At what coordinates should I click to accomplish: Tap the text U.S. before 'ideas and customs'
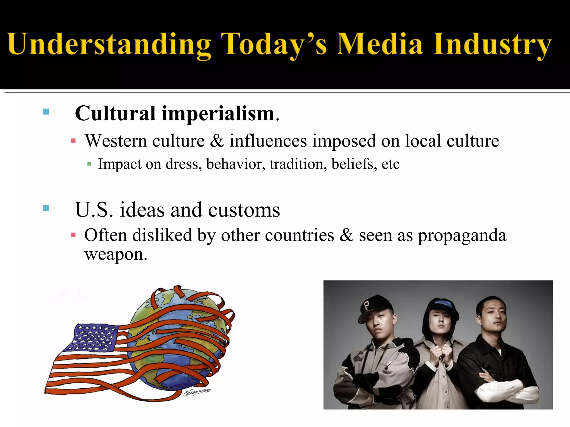click(94, 210)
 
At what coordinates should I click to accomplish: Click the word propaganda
click(462, 235)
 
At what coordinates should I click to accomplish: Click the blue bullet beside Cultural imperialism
click(46, 112)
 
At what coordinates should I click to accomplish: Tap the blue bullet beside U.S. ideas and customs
click(46, 208)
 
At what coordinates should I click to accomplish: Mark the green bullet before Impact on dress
click(89, 164)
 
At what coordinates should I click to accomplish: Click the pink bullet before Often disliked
click(73, 235)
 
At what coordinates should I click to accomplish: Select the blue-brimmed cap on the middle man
click(443, 304)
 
